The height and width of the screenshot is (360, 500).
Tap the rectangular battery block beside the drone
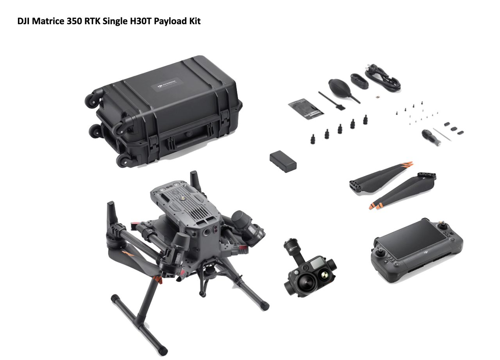pos(283,162)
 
